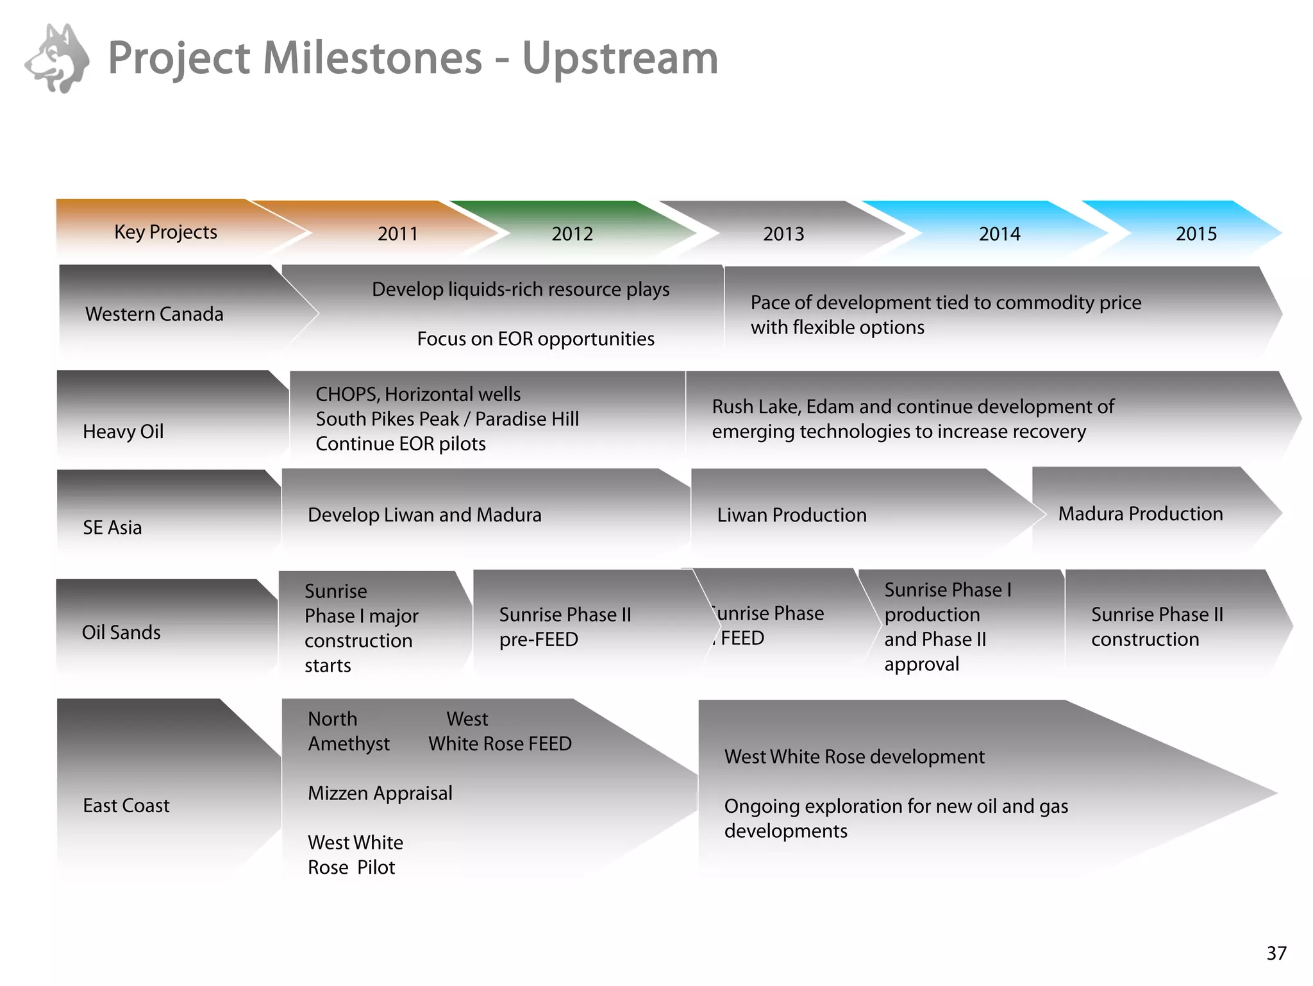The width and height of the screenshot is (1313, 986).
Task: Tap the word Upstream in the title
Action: click(x=620, y=58)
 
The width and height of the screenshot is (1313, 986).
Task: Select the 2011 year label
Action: click(x=397, y=234)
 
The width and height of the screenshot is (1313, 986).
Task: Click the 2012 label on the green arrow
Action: click(x=572, y=234)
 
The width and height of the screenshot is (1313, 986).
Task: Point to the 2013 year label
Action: click(x=783, y=234)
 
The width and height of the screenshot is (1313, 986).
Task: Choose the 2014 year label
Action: click(x=999, y=234)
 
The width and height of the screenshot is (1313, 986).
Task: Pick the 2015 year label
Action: click(x=1196, y=234)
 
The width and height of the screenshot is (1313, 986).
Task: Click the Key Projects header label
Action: click(x=165, y=232)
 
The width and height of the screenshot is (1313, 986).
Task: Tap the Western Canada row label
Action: click(x=154, y=314)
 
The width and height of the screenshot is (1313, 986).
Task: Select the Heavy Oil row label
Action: click(x=123, y=431)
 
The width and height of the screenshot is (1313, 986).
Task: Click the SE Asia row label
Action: click(x=112, y=527)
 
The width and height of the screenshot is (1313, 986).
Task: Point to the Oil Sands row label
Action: click(x=121, y=632)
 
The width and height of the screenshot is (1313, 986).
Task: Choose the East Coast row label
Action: click(x=126, y=805)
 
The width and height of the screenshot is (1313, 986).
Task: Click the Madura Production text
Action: click(x=1140, y=514)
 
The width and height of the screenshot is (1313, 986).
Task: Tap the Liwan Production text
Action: click(x=791, y=515)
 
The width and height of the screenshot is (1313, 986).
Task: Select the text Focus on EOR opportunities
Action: click(x=535, y=339)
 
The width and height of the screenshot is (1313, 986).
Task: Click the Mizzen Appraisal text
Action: click(x=380, y=793)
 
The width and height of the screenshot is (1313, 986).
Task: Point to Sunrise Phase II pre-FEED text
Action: click(x=565, y=627)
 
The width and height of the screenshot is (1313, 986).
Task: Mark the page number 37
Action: click(x=1276, y=953)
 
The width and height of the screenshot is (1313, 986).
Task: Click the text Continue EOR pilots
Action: click(x=400, y=444)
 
